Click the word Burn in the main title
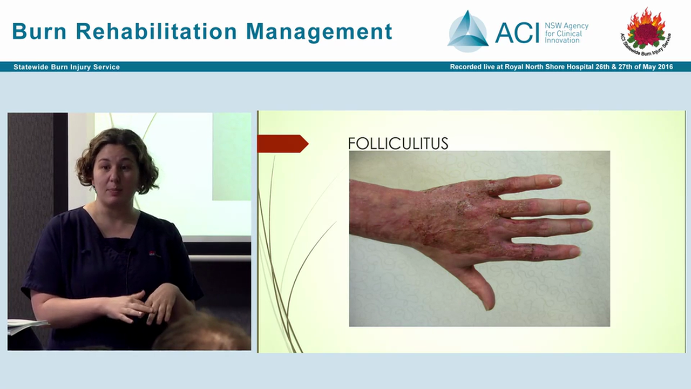pos(39,32)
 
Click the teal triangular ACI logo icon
pos(468,31)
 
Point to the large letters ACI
pos(517,32)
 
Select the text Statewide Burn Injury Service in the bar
pos(67,67)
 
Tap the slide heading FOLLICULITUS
pos(398,144)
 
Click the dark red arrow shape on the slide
pos(282,144)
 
